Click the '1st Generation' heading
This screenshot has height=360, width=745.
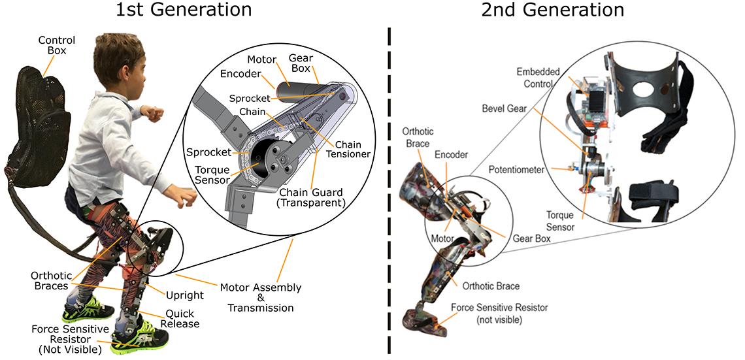click(184, 10)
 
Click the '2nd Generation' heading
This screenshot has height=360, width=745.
click(552, 10)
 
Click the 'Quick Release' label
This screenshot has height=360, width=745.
click(182, 319)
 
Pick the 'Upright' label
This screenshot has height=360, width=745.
click(185, 295)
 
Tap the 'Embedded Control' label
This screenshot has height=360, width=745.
click(538, 77)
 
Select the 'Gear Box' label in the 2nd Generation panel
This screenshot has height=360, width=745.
click(531, 239)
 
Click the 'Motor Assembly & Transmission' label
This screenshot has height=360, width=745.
click(260, 297)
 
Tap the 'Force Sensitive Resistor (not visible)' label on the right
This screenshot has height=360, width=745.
click(500, 313)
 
